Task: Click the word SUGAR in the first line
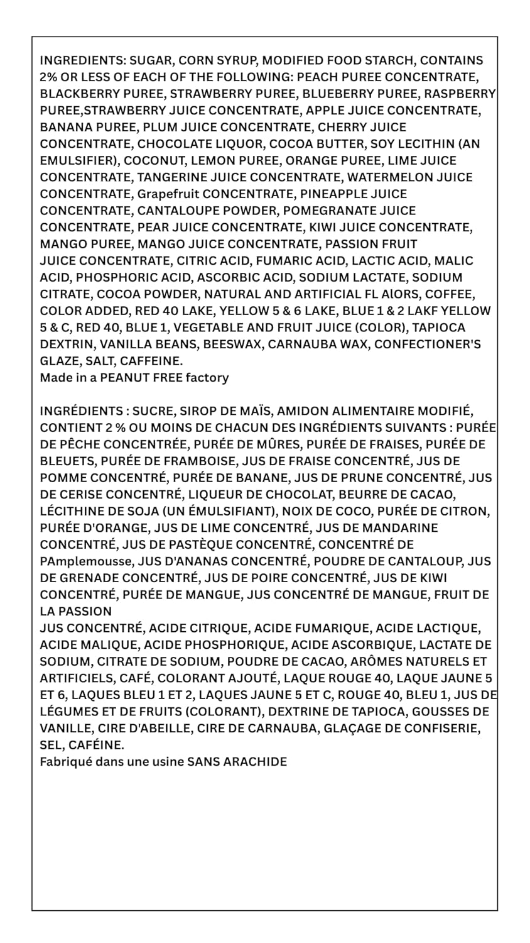click(x=151, y=61)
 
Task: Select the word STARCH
click(x=391, y=61)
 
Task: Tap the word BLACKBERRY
click(x=73, y=94)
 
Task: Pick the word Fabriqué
click(x=65, y=762)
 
